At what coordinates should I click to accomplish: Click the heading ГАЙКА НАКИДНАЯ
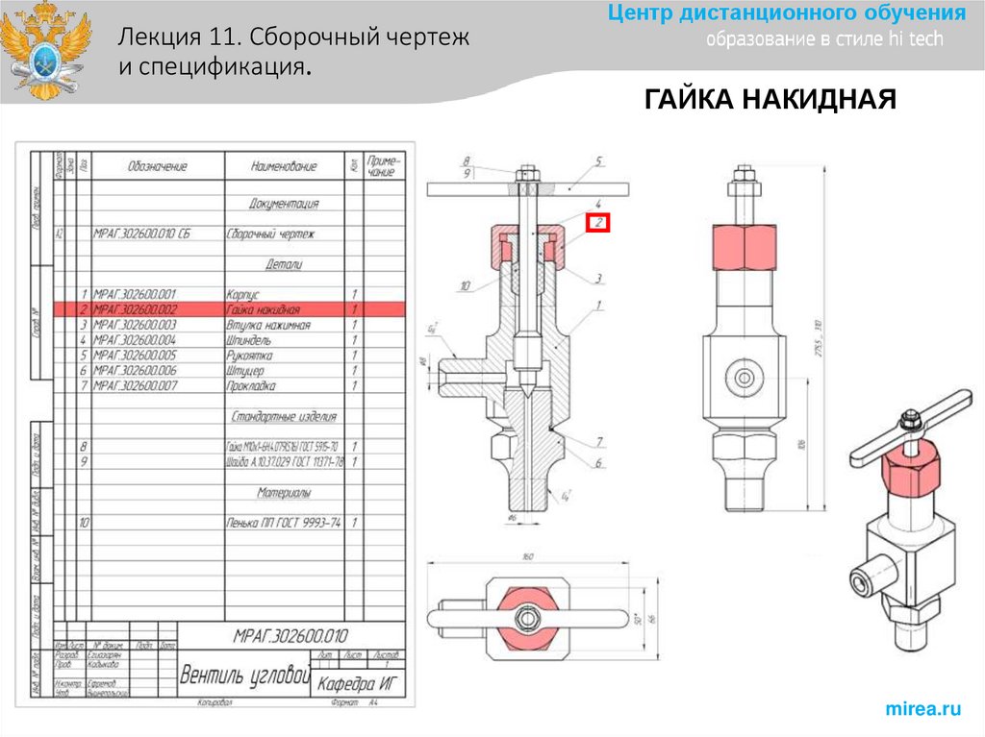770,100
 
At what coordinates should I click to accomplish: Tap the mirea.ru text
922,708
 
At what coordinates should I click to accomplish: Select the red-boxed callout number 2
597,223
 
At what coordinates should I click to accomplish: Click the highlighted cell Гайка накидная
263,309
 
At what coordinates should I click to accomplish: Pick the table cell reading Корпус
243,294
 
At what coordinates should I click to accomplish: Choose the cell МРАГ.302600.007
135,386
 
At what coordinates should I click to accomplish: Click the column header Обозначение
157,166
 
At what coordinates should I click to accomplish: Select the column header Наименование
284,166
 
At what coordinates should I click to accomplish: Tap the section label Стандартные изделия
284,417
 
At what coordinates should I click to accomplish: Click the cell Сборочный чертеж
271,233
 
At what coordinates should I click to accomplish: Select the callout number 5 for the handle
597,161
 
